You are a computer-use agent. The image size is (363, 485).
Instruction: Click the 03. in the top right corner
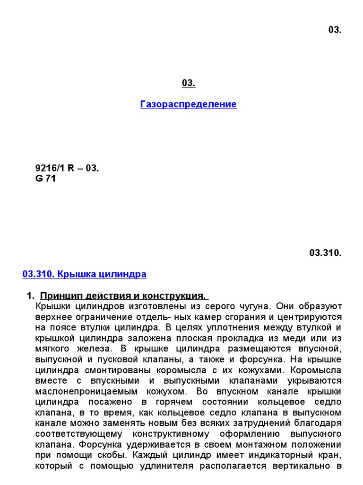[335, 30]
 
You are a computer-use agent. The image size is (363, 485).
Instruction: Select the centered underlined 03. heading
[188, 83]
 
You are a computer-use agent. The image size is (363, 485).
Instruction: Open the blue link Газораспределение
[188, 104]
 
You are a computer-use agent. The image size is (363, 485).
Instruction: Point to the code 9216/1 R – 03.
[67, 169]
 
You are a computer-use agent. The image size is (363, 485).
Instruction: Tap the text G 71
[45, 179]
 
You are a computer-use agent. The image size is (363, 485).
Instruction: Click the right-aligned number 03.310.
[325, 253]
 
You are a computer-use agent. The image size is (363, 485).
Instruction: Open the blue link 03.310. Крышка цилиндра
[85, 274]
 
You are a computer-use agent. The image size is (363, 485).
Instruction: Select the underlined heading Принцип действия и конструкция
[124, 296]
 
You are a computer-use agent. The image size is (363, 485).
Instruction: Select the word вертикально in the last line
[300, 466]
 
